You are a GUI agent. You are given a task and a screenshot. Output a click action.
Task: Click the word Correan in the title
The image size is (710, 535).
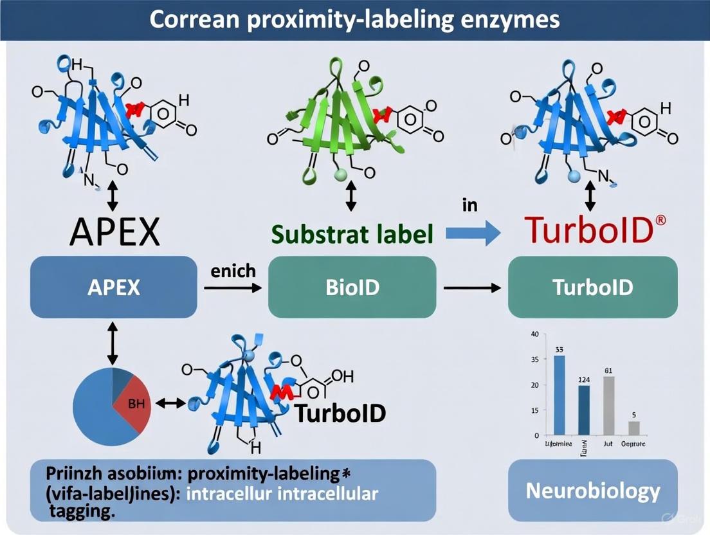point(192,20)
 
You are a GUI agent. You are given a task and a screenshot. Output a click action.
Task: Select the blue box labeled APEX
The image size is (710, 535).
point(113,287)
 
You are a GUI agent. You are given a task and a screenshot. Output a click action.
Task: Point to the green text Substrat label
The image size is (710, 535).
point(351,234)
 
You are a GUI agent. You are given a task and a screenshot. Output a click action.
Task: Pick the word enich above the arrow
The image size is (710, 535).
point(233,271)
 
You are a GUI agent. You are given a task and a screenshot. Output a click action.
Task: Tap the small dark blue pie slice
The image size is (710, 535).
point(122,379)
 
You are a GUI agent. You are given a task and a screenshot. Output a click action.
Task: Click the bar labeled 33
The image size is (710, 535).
point(560,395)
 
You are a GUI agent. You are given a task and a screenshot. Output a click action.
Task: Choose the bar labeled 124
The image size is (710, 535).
point(584,410)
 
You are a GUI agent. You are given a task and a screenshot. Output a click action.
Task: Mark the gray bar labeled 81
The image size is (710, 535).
point(609,405)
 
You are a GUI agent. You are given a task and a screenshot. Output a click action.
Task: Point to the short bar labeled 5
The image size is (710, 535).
point(634,428)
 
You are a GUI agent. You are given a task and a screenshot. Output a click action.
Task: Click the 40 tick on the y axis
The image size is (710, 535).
point(534,334)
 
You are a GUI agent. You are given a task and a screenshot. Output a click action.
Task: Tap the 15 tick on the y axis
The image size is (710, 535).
point(534,410)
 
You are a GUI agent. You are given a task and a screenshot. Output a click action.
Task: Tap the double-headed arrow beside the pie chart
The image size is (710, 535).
point(170,403)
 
